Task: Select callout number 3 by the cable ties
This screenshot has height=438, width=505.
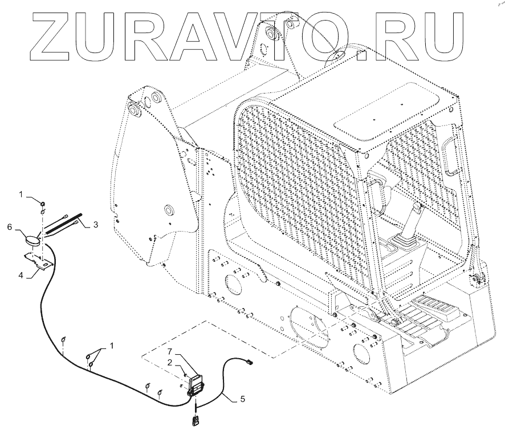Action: (x=96, y=225)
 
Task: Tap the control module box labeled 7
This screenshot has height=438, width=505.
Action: (x=196, y=383)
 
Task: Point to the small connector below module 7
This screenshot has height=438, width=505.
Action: (x=196, y=421)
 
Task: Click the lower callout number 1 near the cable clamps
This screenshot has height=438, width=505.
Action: (x=111, y=346)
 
